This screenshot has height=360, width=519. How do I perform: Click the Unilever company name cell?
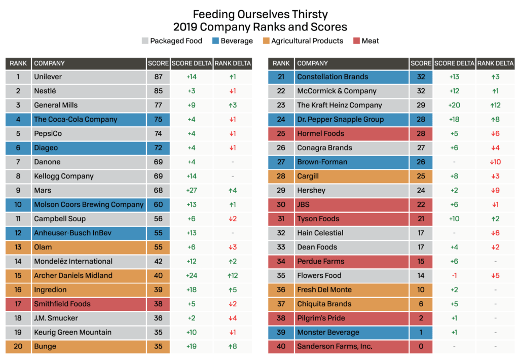coord(89,77)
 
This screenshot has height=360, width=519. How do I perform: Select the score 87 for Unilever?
coord(158,77)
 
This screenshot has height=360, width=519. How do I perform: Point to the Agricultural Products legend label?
coord(307,41)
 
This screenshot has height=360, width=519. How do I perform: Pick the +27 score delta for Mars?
coord(192,191)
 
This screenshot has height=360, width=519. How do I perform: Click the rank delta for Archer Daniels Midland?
coord(233,276)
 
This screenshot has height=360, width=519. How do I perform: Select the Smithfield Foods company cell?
coord(89,304)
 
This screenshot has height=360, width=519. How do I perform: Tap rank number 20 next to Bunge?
coord(18,347)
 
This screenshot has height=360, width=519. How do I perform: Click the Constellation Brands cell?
coord(352,77)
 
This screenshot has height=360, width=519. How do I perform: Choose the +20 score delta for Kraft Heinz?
coord(455,105)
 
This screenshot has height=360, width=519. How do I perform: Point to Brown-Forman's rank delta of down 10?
coord(495,162)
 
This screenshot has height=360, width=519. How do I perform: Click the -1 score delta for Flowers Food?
coord(455,276)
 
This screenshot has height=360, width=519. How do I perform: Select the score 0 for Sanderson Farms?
coord(421,347)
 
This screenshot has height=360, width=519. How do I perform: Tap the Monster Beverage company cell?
coord(352,333)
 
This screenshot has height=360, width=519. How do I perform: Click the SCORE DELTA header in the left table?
coord(192,63)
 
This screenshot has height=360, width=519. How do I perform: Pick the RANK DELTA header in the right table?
coord(495,63)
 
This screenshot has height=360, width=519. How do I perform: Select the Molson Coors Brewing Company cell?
coord(89,205)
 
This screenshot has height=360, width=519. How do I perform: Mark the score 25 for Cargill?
coord(421,176)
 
